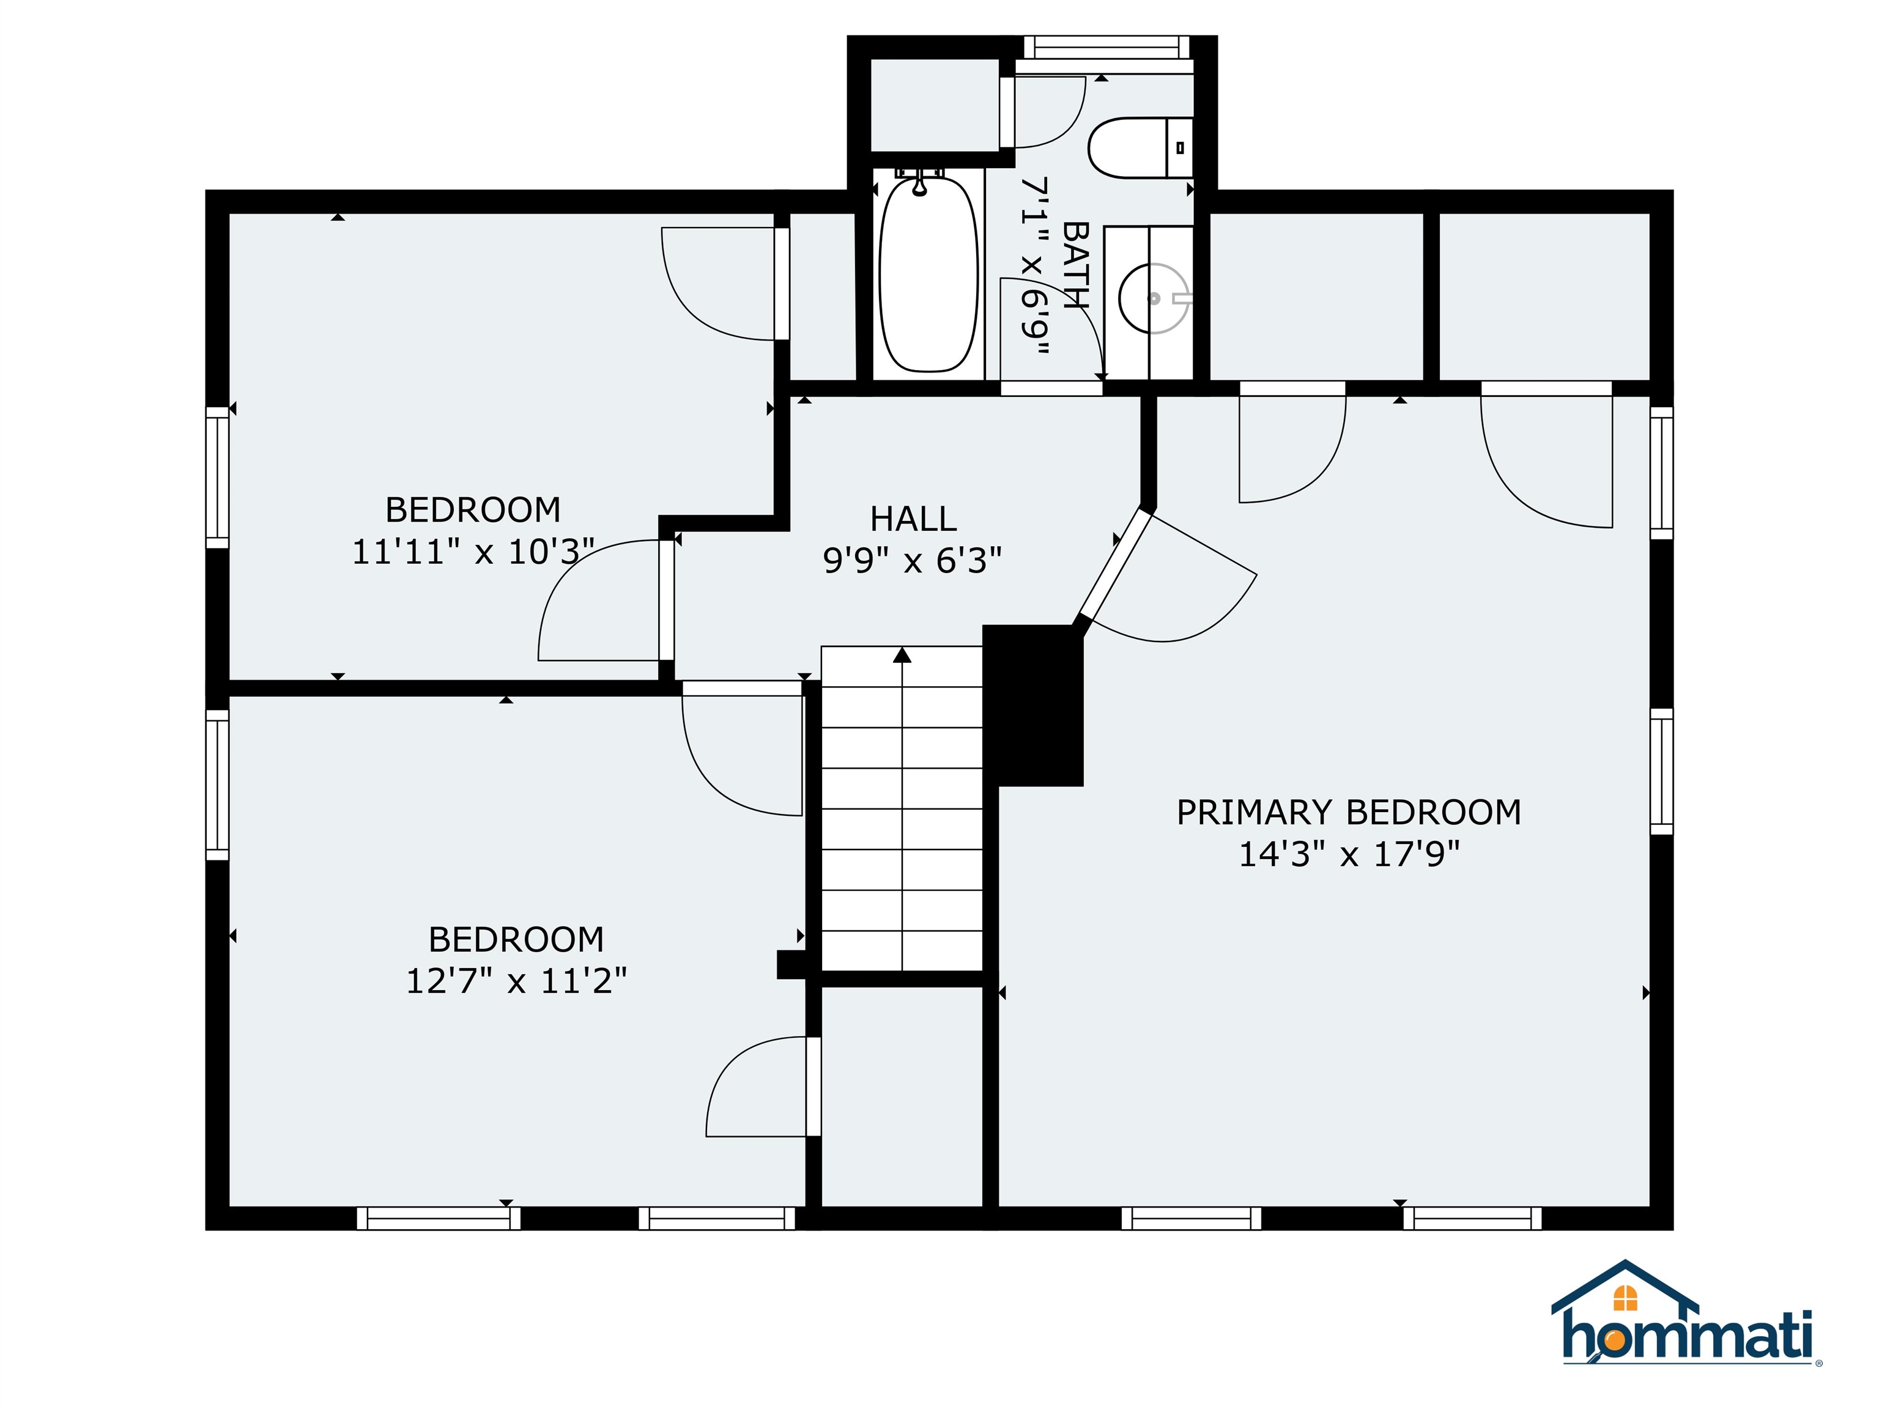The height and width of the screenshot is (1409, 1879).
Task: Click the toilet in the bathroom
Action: [1140, 148]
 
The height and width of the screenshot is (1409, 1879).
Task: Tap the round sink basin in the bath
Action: [1153, 298]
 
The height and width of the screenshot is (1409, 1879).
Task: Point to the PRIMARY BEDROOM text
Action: [1348, 813]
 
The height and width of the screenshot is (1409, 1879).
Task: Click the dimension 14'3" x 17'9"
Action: [1349, 854]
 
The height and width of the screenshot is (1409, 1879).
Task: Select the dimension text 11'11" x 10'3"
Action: [472, 553]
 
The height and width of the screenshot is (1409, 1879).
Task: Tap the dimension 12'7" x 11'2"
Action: [516, 982]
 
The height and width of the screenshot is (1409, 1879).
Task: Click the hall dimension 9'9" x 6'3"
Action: [913, 561]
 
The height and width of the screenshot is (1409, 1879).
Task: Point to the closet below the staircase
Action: [902, 1096]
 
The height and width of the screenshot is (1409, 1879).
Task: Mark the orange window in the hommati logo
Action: [1625, 1298]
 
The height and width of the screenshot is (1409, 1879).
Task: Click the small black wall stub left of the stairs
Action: [791, 965]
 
